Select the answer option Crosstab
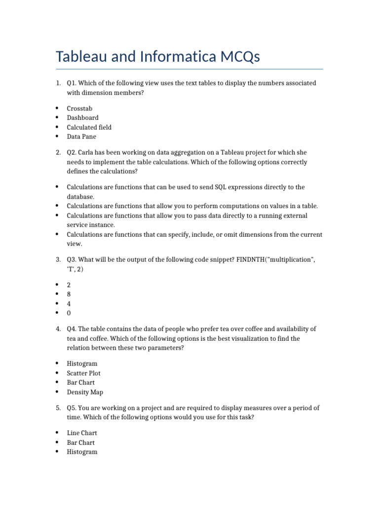(x=79, y=108)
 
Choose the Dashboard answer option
(x=82, y=118)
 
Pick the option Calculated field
(x=89, y=127)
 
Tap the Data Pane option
(x=81, y=137)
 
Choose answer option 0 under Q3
(x=69, y=313)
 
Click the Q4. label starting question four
(x=72, y=329)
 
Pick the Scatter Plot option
(x=83, y=373)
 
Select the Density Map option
(x=85, y=392)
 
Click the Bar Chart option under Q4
(x=80, y=383)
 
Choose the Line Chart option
(x=81, y=433)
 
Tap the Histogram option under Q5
(x=82, y=452)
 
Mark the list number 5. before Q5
(x=58, y=408)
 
